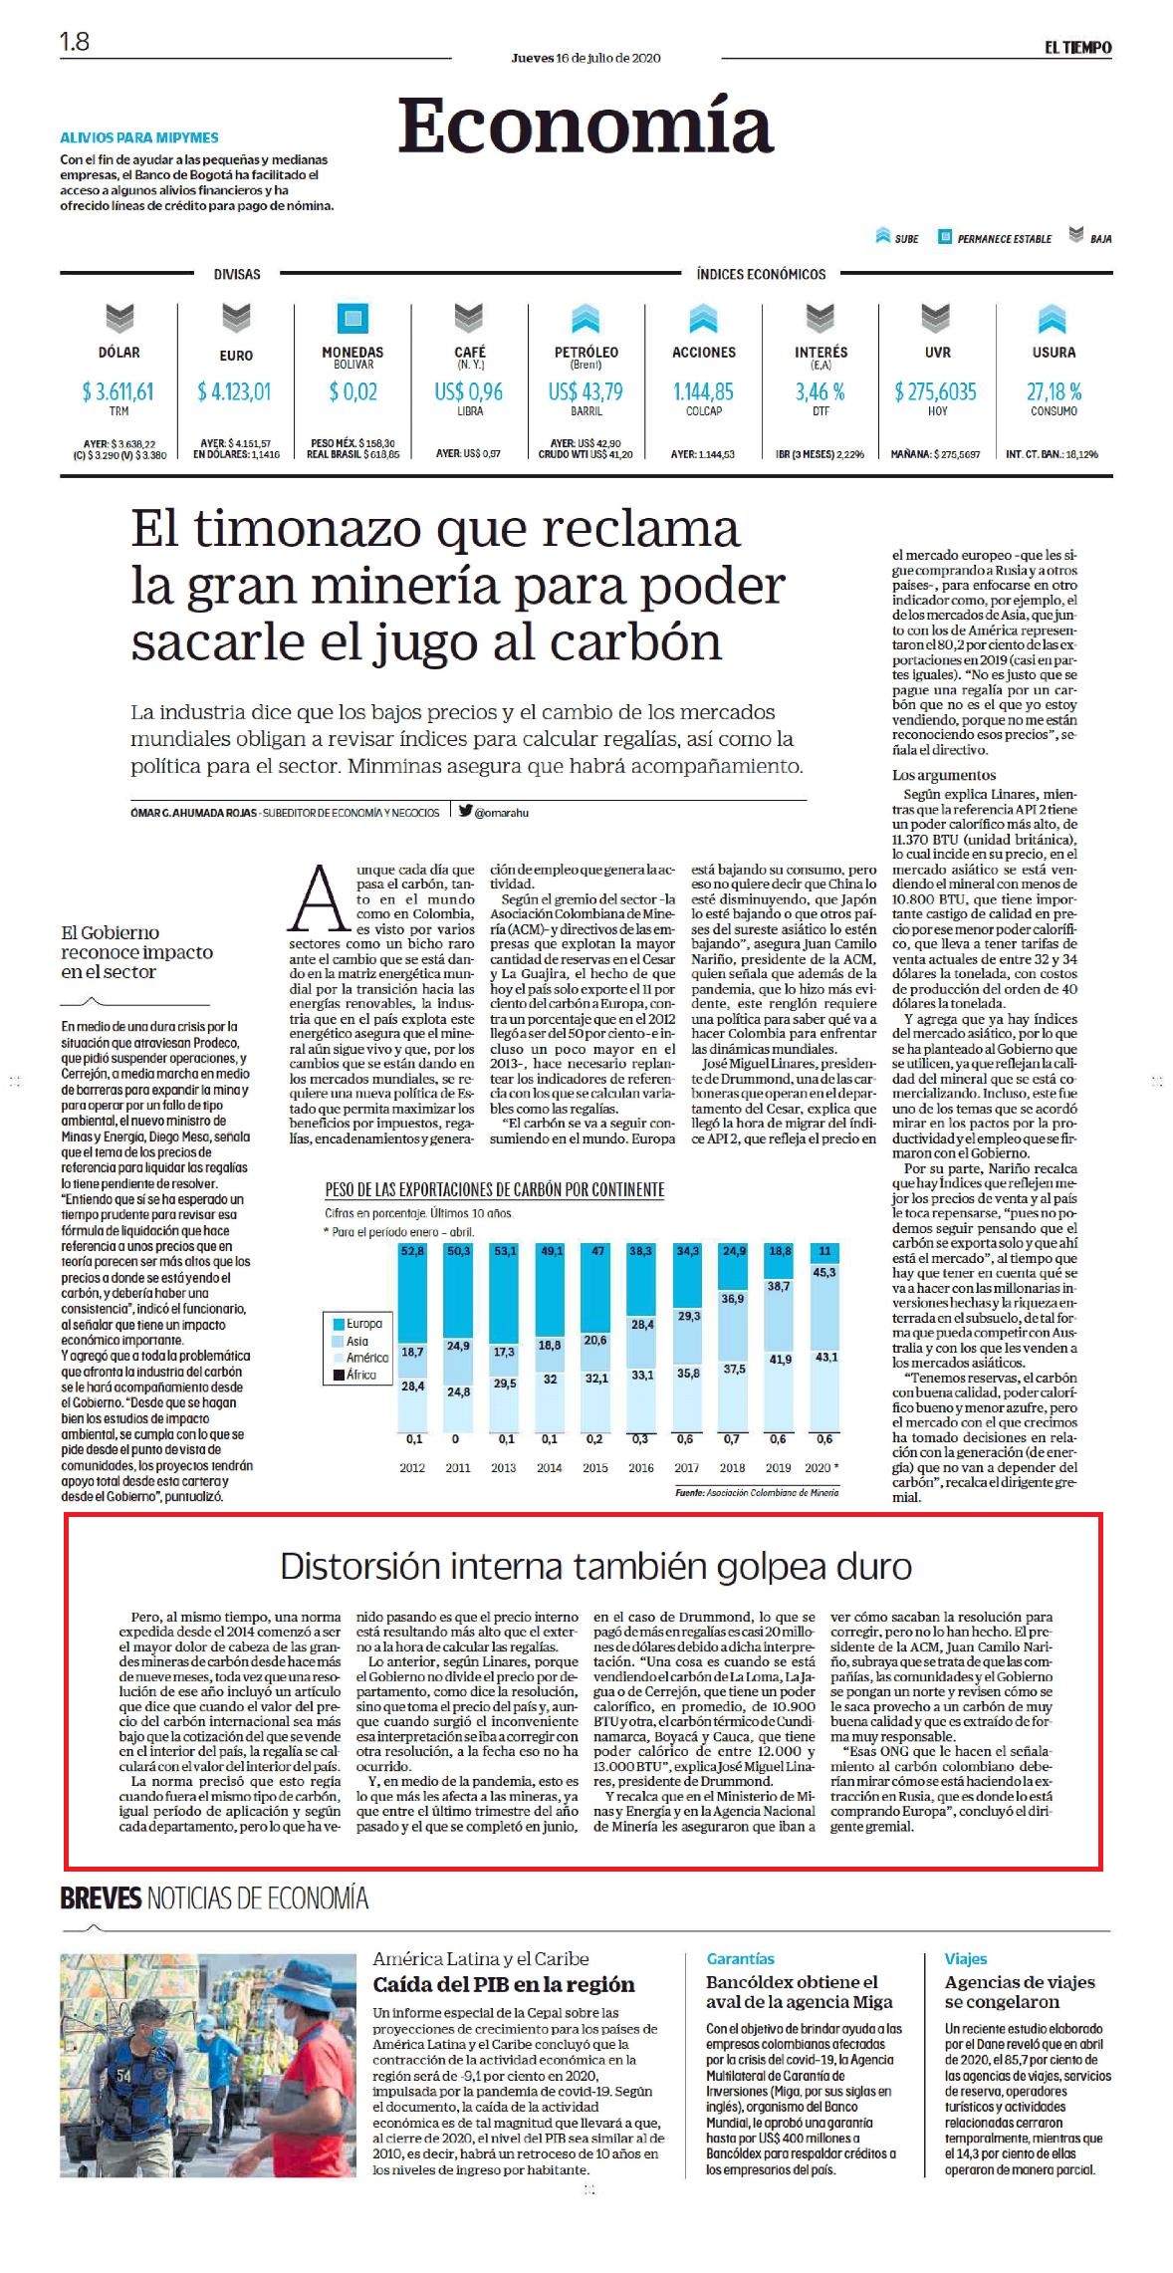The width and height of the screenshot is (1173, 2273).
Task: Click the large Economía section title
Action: (586, 126)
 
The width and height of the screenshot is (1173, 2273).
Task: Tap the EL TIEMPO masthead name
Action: (1077, 47)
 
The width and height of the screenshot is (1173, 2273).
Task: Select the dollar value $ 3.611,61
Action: (118, 391)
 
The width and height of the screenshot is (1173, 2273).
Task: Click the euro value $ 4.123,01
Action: (234, 391)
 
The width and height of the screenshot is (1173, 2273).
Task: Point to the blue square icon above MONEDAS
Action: (352, 319)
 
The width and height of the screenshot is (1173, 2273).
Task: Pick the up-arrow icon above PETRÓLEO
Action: (586, 319)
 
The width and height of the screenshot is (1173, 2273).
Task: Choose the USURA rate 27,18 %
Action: (1054, 391)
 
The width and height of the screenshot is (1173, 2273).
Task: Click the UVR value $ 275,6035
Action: (936, 391)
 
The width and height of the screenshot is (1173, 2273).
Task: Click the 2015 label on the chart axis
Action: (595, 1467)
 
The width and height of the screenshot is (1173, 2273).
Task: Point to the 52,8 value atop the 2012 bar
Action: (412, 1250)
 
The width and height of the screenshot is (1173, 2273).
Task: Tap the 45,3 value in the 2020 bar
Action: (824, 1272)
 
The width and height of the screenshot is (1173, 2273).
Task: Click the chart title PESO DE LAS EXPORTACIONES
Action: (494, 1189)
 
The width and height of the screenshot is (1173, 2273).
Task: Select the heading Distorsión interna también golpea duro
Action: (595, 1567)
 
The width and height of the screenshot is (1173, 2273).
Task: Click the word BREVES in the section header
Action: (101, 1897)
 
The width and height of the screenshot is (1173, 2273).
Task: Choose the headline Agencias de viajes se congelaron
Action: (1020, 1991)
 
